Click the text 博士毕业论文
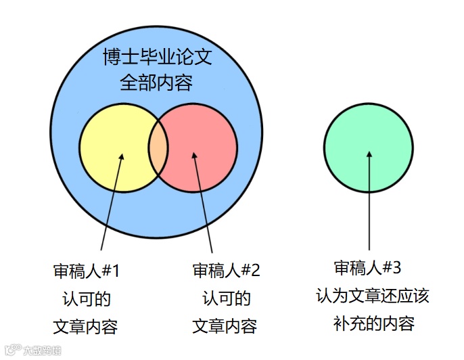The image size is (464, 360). [x=157, y=57]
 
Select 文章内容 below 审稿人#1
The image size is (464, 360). [x=86, y=326]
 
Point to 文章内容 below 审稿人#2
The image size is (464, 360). [x=225, y=326]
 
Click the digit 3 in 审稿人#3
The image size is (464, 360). [x=397, y=268]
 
